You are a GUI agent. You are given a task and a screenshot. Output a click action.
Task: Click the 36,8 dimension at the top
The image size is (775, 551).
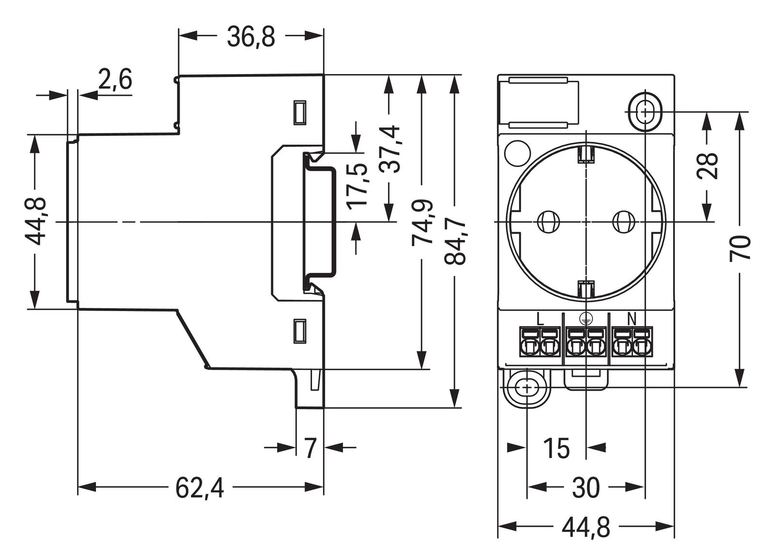(x=251, y=37)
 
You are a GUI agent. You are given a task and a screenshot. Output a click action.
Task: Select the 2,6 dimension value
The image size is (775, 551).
(x=115, y=80)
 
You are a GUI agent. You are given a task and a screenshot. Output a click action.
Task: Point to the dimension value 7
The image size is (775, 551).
(x=310, y=448)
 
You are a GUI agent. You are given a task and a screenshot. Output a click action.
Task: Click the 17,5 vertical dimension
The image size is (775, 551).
(x=358, y=186)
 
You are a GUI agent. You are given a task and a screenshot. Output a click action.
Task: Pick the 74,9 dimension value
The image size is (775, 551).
(x=422, y=223)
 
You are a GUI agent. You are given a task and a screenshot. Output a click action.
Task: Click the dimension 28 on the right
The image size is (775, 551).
(x=709, y=166)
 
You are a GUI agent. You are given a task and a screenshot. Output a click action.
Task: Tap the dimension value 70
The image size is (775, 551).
(x=740, y=249)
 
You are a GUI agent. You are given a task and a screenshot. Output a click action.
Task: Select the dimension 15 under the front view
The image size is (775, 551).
(x=556, y=448)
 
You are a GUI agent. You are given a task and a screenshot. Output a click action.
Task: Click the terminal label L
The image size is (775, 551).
(x=541, y=319)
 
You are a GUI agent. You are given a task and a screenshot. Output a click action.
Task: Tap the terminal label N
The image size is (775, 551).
(x=632, y=319)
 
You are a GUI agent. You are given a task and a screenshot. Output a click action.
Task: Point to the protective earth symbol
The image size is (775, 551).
(x=586, y=318)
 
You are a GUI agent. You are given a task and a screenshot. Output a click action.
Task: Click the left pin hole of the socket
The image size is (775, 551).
(x=548, y=223)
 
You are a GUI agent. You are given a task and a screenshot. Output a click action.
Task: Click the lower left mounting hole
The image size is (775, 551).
(x=526, y=387)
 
